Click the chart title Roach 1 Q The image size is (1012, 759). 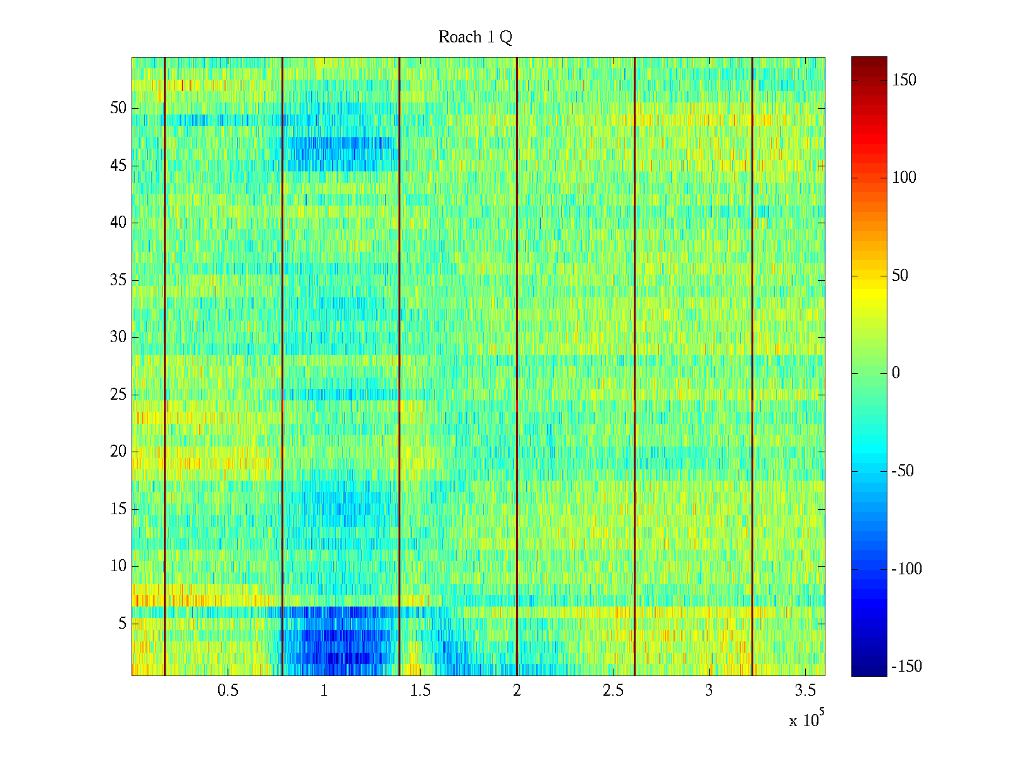click(x=475, y=37)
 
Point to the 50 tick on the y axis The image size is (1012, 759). click(x=118, y=108)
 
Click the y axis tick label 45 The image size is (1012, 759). click(x=118, y=166)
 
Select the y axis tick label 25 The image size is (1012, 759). click(x=118, y=395)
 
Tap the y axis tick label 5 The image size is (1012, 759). click(x=122, y=624)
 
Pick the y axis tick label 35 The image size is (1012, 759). click(x=118, y=280)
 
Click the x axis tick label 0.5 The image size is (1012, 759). click(x=228, y=691)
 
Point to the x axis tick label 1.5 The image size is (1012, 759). click(x=420, y=691)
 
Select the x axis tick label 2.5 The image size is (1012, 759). click(x=613, y=691)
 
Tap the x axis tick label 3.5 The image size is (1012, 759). click(x=805, y=691)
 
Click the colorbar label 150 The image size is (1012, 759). click(x=904, y=80)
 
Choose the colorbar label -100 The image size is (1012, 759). click(x=906, y=569)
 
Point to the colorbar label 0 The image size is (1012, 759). click(x=896, y=373)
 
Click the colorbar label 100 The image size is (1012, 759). click(x=904, y=178)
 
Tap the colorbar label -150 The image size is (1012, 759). click(x=906, y=667)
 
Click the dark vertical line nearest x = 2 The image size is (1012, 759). click(x=517, y=367)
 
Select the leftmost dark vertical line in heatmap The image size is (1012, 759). click(x=164, y=367)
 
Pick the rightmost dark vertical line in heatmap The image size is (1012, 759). click(x=752, y=367)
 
